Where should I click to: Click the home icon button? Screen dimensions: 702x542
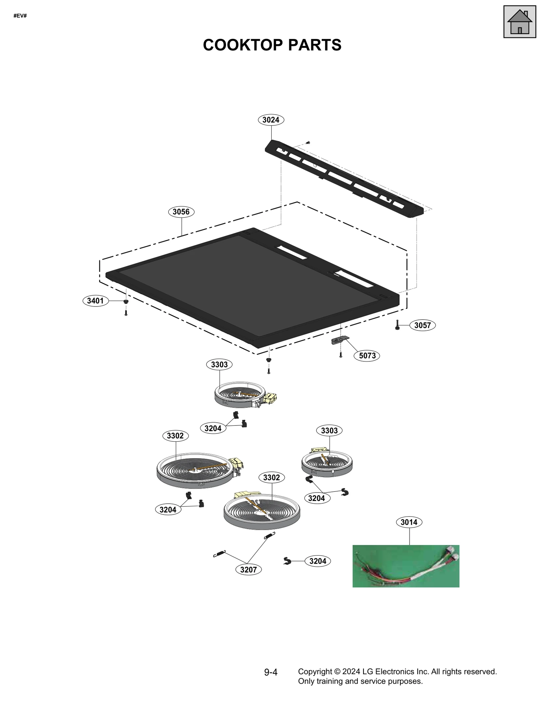[519, 22]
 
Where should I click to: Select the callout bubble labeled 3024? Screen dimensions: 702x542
[271, 120]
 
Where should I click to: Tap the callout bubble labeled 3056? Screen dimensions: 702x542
[181, 212]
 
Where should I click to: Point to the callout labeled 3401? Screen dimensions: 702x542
[95, 301]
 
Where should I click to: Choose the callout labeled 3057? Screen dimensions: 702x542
[422, 325]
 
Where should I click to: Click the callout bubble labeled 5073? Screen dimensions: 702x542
[367, 356]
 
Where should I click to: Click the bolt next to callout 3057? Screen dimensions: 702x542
[397, 325]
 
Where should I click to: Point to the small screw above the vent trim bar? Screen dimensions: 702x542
[308, 143]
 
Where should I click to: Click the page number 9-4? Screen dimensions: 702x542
[271, 673]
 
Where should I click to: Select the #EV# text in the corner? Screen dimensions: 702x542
[20, 16]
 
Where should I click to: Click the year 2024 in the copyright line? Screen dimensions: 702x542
[351, 671]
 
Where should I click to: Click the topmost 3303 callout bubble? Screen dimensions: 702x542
[219, 365]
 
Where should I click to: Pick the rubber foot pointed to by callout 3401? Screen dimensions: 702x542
[126, 301]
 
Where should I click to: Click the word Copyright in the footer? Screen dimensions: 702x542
[314, 671]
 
